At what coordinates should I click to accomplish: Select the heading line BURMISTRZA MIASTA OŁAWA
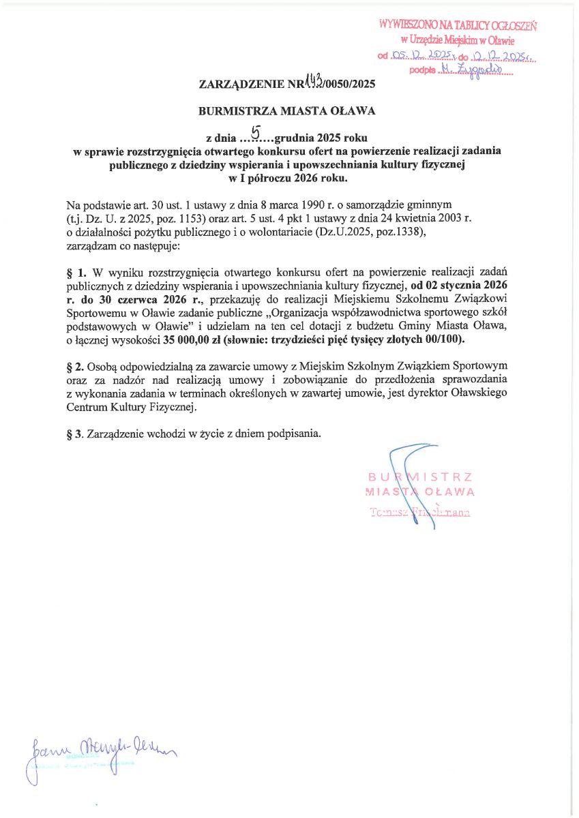pos(286,110)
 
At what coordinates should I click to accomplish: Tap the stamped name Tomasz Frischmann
pos(419,512)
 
